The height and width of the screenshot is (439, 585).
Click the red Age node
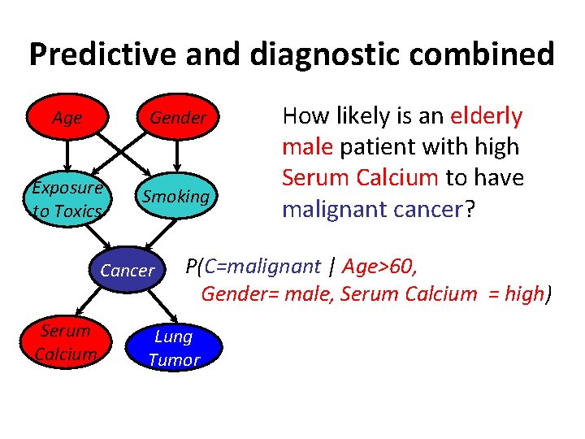(67, 118)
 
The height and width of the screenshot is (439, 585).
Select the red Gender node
(177, 118)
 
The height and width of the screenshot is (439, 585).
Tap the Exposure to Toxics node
(67, 199)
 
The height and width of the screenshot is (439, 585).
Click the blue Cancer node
(128, 271)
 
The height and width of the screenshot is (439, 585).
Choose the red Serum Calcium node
(66, 342)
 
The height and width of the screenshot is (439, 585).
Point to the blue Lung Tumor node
(174, 348)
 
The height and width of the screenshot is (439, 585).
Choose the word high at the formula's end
(525, 293)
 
